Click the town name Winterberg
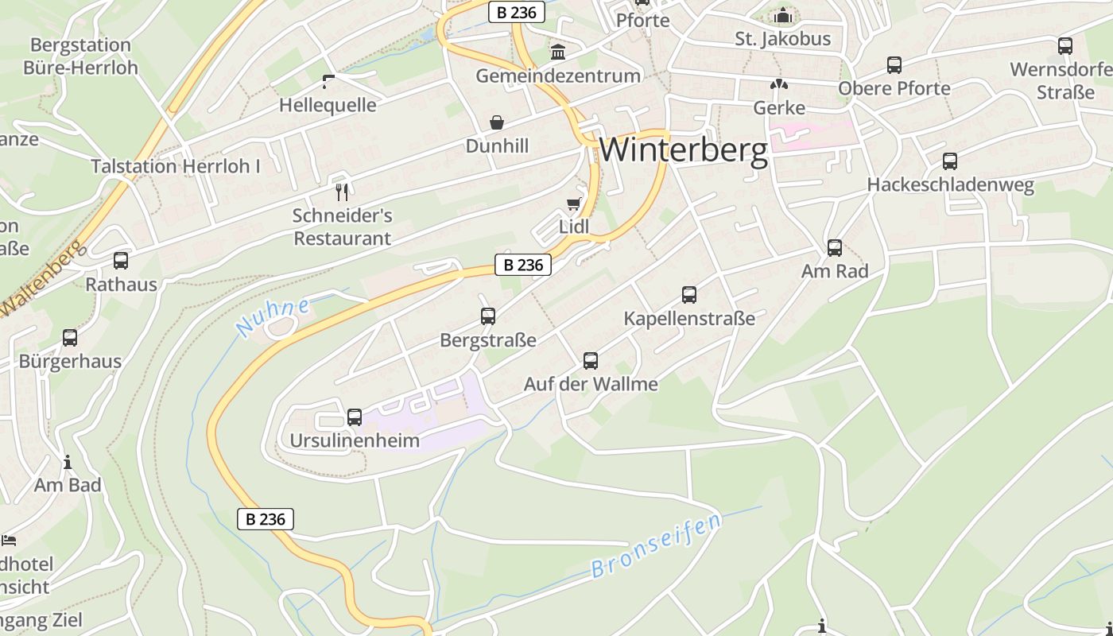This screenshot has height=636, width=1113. (x=684, y=150)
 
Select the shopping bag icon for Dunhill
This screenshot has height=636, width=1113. (x=497, y=122)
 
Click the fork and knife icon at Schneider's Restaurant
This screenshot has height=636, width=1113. (x=343, y=192)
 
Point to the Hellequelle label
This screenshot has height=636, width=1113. (x=328, y=105)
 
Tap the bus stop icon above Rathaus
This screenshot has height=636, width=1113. (x=121, y=260)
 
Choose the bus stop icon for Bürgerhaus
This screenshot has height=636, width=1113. (x=70, y=338)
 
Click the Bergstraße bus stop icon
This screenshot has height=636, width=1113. (x=488, y=316)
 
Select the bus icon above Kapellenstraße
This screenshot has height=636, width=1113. (x=689, y=295)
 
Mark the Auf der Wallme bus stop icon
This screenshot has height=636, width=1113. (x=591, y=361)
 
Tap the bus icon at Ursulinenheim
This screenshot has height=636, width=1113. (x=355, y=417)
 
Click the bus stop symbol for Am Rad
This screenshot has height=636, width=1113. (x=835, y=248)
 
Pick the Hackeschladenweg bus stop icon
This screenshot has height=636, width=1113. (x=950, y=161)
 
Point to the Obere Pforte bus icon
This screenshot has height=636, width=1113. (x=894, y=65)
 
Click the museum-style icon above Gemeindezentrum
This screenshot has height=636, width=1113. (x=558, y=52)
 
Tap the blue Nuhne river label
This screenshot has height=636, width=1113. (x=273, y=316)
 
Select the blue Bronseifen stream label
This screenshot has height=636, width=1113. (x=657, y=545)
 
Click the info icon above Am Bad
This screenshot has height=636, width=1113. (x=68, y=462)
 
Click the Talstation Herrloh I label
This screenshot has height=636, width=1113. (x=176, y=166)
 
